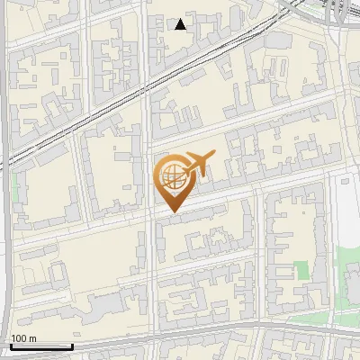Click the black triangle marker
click(x=181, y=24)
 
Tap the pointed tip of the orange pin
click(x=171, y=212)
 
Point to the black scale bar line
click(x=40, y=346)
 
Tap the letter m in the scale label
click(x=33, y=338)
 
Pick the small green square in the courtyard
click(x=302, y=270)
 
